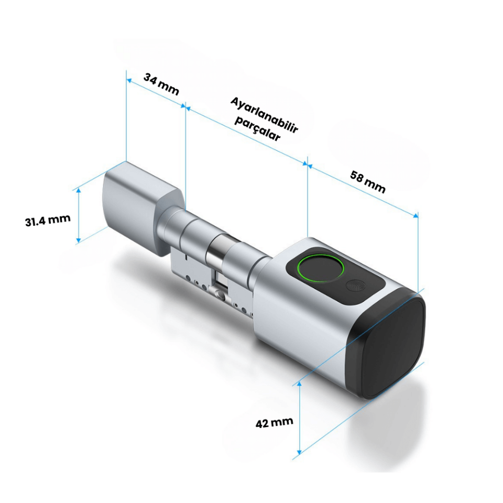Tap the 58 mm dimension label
[368, 181]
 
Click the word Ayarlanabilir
[265, 115]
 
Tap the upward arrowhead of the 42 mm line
[299, 385]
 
